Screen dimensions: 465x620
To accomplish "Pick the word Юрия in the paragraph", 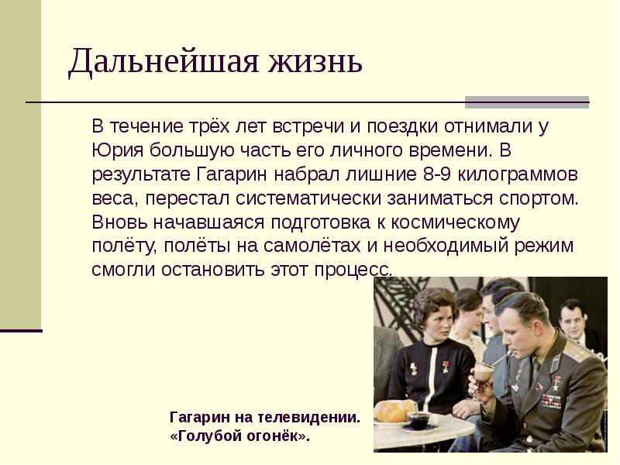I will click(x=110, y=149).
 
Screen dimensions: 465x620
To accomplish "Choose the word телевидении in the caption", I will click(x=313, y=417).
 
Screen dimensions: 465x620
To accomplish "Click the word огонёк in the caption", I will click(x=275, y=436).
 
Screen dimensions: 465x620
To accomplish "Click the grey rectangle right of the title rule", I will click(x=527, y=102).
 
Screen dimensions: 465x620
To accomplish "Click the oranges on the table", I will click(x=395, y=411).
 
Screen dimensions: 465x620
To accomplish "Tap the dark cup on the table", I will click(x=418, y=421).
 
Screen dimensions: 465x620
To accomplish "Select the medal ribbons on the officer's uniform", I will click(x=551, y=401).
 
